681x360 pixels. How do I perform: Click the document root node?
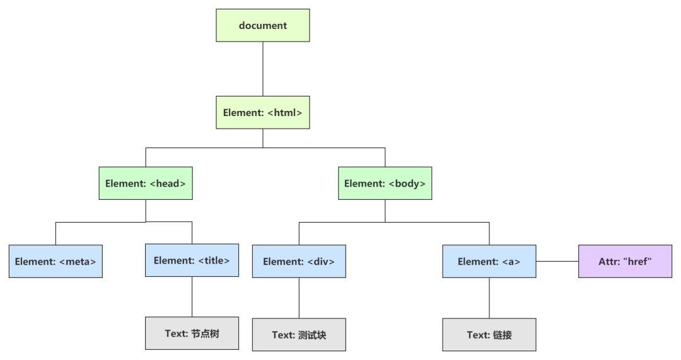pyautogui.click(x=262, y=25)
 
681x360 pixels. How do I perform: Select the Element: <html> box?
pyautogui.click(x=262, y=112)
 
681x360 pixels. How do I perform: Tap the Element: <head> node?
pyautogui.click(x=146, y=183)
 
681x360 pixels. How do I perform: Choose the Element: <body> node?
pyautogui.click(x=385, y=183)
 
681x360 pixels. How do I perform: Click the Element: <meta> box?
pyautogui.click(x=55, y=261)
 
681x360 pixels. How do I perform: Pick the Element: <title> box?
pyautogui.click(x=192, y=260)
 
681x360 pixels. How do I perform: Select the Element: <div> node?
pyautogui.click(x=299, y=261)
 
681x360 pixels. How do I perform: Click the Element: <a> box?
pyautogui.click(x=489, y=261)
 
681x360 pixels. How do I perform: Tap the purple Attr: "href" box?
pyautogui.click(x=625, y=261)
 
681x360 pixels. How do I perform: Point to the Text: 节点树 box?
pyautogui.click(x=192, y=333)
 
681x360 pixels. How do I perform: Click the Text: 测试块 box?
pyautogui.click(x=299, y=335)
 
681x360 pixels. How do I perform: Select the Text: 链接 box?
pyautogui.click(x=489, y=335)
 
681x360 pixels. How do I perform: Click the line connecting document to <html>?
pyautogui.click(x=262, y=69)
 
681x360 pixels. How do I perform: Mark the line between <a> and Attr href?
pyautogui.click(x=557, y=261)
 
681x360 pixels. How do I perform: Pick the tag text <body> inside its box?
pyautogui.click(x=407, y=183)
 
